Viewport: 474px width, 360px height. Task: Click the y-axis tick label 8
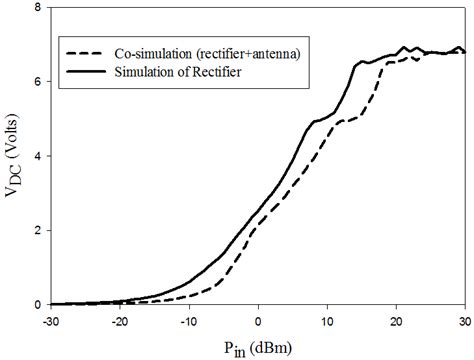39,8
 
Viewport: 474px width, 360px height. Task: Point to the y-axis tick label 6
39,82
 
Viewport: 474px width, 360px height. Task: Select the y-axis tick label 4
39,156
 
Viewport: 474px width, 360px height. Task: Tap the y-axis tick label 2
39,230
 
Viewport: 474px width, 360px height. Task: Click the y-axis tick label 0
39,304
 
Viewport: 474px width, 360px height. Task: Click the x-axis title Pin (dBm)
258,346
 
